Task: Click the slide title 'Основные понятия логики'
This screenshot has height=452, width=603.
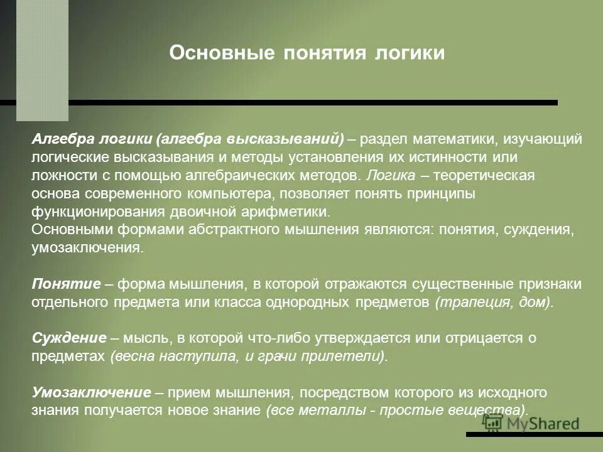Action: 307,53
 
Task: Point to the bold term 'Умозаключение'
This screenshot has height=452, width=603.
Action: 92,393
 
